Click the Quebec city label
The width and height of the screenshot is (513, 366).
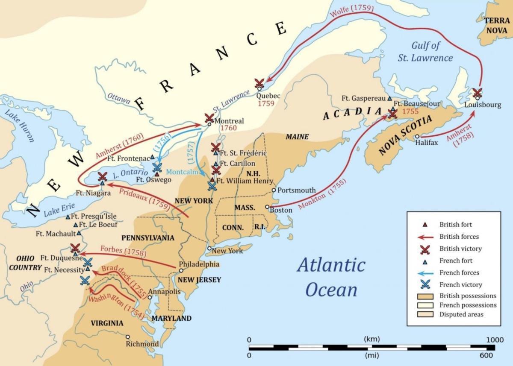click(x=268, y=96)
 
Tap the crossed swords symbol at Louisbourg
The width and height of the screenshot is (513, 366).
click(x=477, y=92)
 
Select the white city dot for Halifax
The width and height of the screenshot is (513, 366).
click(x=417, y=137)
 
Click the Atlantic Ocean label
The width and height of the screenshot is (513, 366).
click(x=331, y=277)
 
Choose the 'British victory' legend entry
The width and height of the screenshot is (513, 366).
click(x=460, y=249)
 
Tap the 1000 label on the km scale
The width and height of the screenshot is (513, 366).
click(x=495, y=340)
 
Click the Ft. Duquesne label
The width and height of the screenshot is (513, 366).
click(x=55, y=258)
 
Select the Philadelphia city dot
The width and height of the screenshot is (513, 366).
click(x=181, y=270)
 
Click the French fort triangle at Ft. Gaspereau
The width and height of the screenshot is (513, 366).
click(x=389, y=98)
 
